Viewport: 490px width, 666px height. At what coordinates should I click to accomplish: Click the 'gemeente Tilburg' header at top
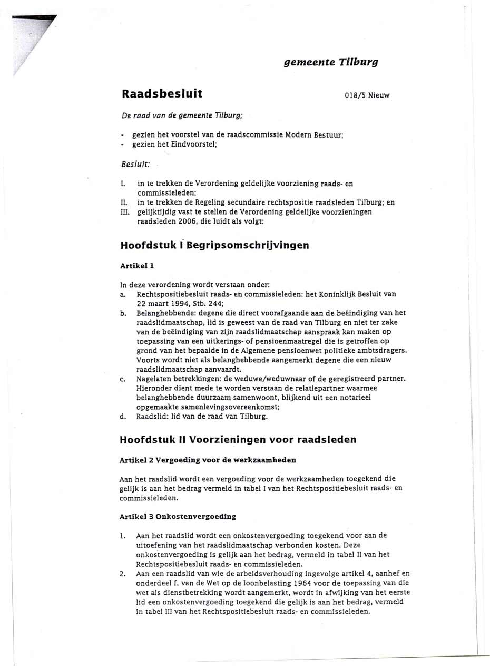331,62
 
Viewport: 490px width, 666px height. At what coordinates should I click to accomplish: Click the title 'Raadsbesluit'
162,94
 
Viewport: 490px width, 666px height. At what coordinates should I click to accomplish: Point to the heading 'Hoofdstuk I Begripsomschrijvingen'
214,245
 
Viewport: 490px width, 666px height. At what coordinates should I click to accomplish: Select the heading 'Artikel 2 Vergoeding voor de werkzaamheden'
208,460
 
